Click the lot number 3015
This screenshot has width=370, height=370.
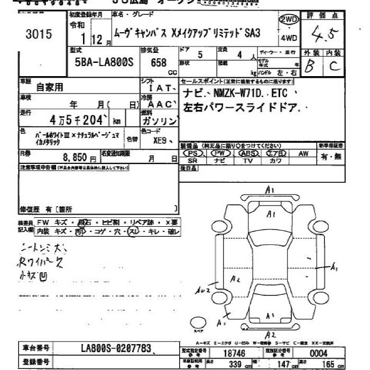coord(39,35)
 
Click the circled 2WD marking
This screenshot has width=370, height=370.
coord(288,20)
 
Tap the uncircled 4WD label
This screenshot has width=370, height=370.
coord(288,38)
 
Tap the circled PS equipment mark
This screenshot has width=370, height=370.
coord(192,153)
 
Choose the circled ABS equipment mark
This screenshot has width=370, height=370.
coord(247,153)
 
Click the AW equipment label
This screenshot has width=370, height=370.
coord(303,153)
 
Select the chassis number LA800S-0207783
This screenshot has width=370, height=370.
coord(116,348)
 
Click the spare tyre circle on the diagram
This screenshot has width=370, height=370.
coord(197,323)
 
